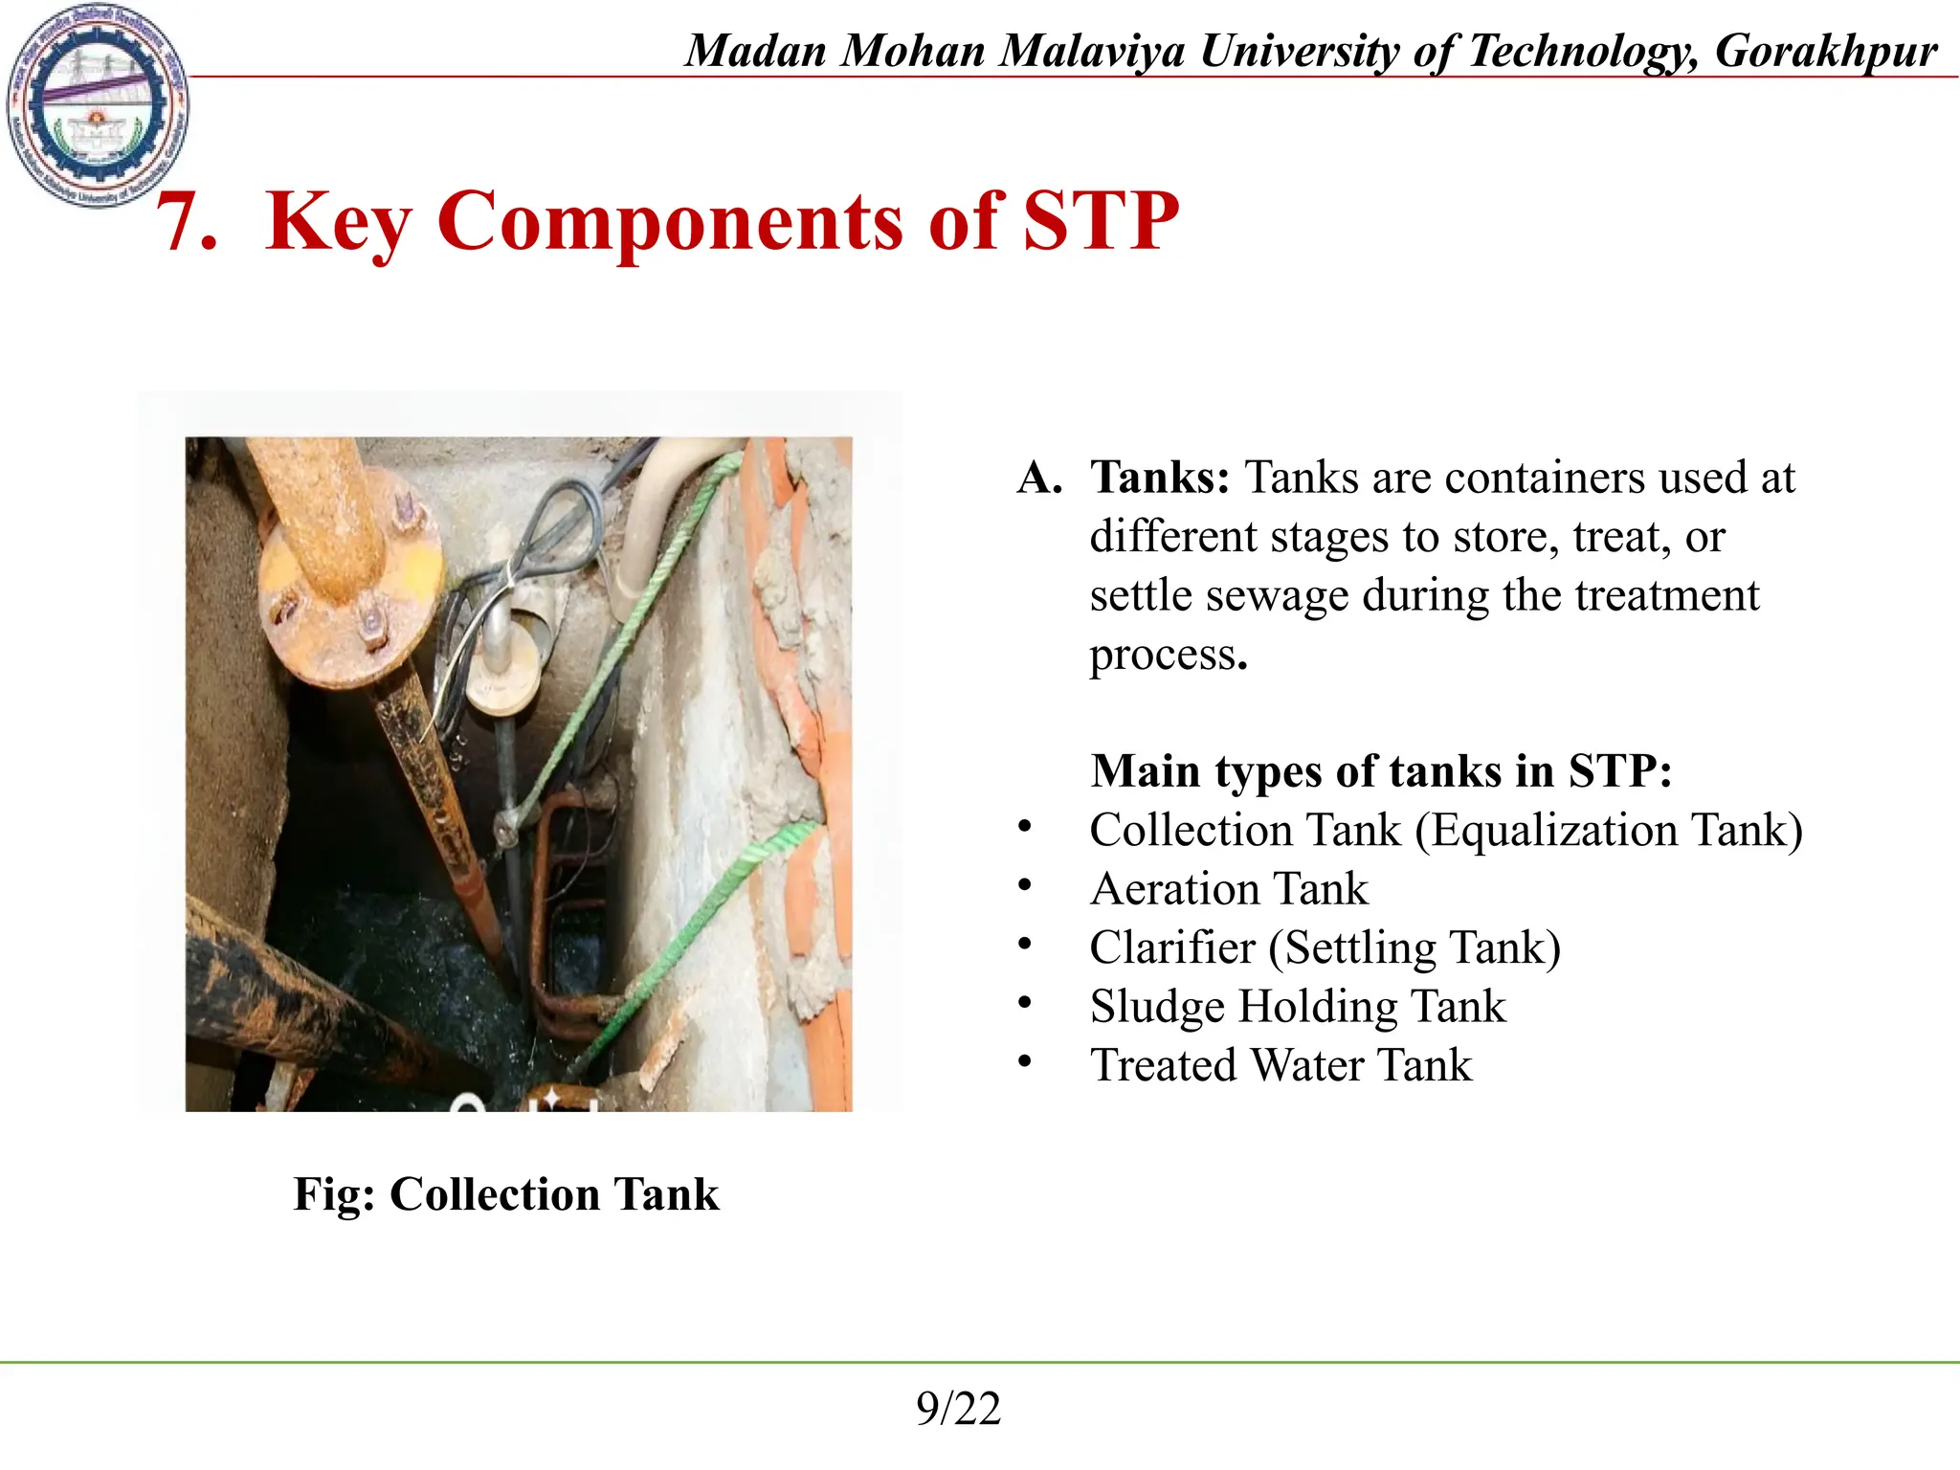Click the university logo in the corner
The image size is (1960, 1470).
click(97, 104)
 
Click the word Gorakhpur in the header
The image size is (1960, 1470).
click(1825, 52)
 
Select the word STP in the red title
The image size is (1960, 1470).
click(1101, 222)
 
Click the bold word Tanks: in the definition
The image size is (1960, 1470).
click(1160, 478)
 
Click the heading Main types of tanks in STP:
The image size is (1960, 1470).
click(1381, 771)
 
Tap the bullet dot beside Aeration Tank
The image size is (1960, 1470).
click(1025, 885)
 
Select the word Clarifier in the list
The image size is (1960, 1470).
click(1172, 947)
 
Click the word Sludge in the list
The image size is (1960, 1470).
click(1157, 1007)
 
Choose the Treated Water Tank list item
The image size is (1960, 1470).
click(1281, 1065)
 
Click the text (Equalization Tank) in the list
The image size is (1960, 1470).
click(1609, 830)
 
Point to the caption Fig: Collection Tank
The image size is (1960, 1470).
click(506, 1194)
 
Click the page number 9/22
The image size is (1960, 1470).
click(958, 1409)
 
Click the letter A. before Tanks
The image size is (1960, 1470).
click(1039, 478)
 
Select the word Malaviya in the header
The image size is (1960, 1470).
click(1092, 52)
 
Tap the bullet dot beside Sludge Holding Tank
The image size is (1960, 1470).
click(1025, 1003)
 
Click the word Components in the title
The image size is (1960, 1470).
click(670, 222)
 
